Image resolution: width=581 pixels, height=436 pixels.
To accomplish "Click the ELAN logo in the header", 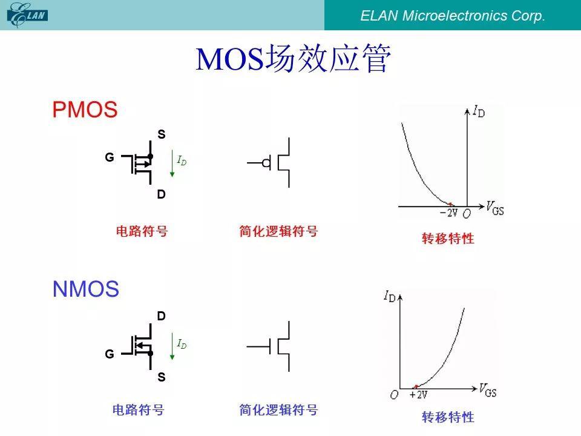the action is (x=27, y=15).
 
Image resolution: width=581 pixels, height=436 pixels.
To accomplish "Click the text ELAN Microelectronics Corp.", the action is (x=453, y=16).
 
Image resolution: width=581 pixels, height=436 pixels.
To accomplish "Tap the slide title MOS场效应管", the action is (x=293, y=58).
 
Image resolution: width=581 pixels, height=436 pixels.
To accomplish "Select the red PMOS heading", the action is (x=85, y=110).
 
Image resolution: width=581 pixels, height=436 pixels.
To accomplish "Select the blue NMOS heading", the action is (x=85, y=289).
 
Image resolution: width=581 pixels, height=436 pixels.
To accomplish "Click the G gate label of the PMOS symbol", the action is (x=110, y=157).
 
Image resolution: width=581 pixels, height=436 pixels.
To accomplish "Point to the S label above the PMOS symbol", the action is (x=161, y=134).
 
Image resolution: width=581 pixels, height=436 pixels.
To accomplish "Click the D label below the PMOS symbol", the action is (x=161, y=194).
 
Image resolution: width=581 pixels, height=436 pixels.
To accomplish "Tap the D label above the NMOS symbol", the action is (x=161, y=316).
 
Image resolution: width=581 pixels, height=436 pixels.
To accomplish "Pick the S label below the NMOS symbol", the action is (x=161, y=377).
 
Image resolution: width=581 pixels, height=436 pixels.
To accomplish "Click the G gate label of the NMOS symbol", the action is (x=110, y=354).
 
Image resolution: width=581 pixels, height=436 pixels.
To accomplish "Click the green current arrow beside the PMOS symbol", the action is (x=172, y=163).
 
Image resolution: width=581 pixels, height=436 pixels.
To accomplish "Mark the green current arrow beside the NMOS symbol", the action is (x=172, y=346).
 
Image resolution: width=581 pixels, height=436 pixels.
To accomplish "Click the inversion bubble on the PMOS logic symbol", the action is (x=266, y=163).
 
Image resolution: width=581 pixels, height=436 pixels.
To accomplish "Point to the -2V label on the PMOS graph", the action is (x=448, y=213).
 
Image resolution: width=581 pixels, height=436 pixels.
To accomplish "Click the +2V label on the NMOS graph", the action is (x=418, y=394).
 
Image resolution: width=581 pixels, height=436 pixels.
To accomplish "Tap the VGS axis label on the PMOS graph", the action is (x=495, y=208).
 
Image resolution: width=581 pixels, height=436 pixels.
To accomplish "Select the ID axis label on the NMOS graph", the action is (x=390, y=297).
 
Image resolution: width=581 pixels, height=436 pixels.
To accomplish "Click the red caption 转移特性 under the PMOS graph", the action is (x=448, y=239).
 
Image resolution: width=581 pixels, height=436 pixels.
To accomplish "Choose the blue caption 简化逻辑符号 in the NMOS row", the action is (x=278, y=410).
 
